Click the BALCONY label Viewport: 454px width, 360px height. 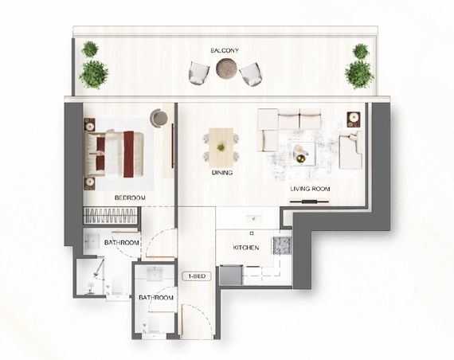tap(225, 50)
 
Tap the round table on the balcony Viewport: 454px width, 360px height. tap(226, 68)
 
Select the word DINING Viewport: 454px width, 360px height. tap(222, 173)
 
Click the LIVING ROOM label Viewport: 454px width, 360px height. tap(310, 189)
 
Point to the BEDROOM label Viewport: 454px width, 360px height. tap(130, 198)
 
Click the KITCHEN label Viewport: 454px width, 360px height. tap(246, 248)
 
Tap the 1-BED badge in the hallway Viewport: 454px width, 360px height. tap(197, 276)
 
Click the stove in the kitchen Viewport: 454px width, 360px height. tap(281, 245)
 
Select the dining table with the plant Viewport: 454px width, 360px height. tap(221, 147)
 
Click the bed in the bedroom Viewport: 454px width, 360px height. tap(114, 154)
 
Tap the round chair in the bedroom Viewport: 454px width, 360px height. tap(159, 118)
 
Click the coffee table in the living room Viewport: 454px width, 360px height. tap(303, 154)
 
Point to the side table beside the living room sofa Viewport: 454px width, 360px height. tap(354, 119)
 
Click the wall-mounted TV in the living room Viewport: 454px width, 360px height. tap(309, 202)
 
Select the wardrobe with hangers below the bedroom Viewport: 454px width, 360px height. tap(110, 216)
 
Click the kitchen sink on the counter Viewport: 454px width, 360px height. tap(254, 220)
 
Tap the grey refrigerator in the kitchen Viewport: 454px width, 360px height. tap(230, 275)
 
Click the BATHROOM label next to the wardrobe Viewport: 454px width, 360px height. tap(122, 242)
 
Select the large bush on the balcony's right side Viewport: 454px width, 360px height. tap(359, 75)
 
